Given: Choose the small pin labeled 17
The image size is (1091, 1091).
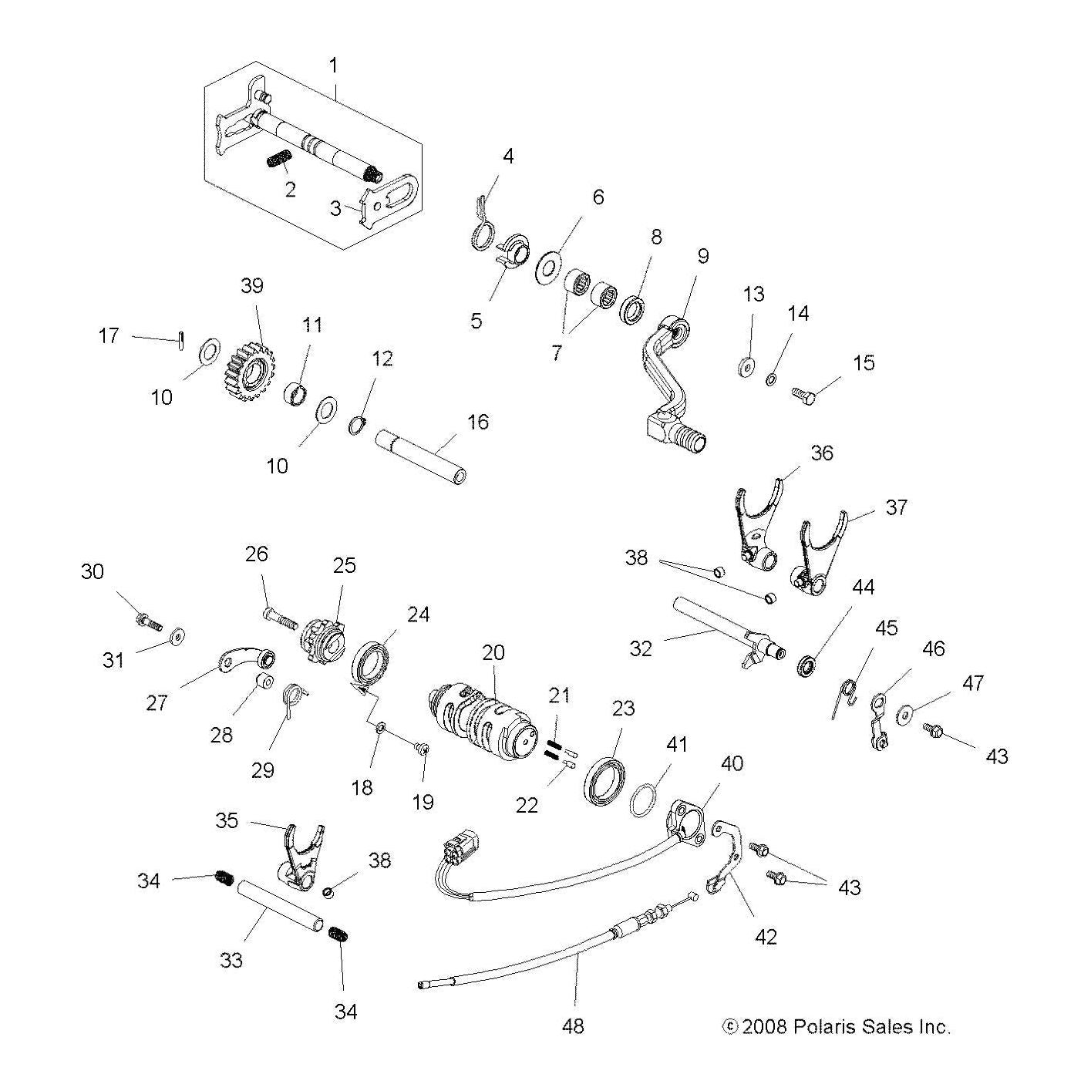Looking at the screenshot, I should (179, 339).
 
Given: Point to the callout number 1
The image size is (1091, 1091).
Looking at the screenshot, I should (333, 66).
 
